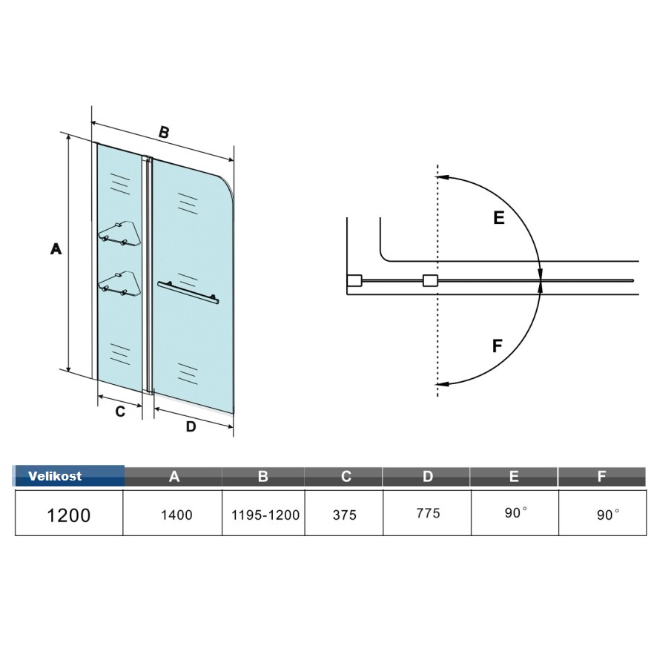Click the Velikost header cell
click(69, 476)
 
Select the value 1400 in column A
click(176, 515)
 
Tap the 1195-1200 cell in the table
click(265, 515)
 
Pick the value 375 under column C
click(345, 515)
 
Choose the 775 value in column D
click(428, 513)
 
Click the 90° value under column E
click(515, 512)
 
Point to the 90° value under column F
click(608, 515)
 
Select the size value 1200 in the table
click(69, 515)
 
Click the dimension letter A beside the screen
click(56, 249)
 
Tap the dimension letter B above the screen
click(164, 132)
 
